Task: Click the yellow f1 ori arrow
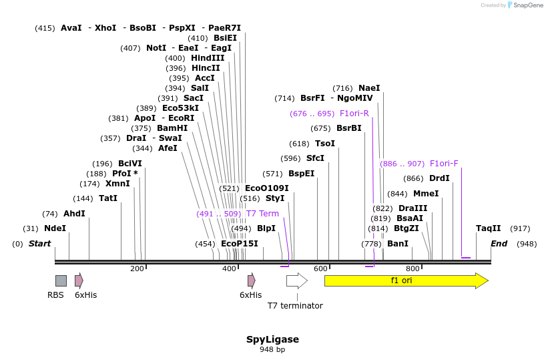(x=405, y=281)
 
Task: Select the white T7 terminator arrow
(x=296, y=281)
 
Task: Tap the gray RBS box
(x=61, y=281)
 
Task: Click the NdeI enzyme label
(x=55, y=228)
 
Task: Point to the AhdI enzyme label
(x=74, y=214)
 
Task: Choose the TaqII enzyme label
(x=488, y=228)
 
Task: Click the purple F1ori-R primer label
(x=354, y=114)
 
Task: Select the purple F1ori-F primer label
(x=444, y=164)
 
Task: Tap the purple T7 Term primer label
(x=262, y=214)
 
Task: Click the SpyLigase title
(x=272, y=339)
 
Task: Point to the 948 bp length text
(x=272, y=349)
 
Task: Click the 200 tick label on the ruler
(x=137, y=268)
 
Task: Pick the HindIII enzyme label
(x=208, y=58)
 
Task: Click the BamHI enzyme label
(x=172, y=128)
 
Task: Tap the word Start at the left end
(x=39, y=244)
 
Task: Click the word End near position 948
(x=499, y=244)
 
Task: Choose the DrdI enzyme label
(x=439, y=178)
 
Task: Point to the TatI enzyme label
(x=107, y=198)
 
